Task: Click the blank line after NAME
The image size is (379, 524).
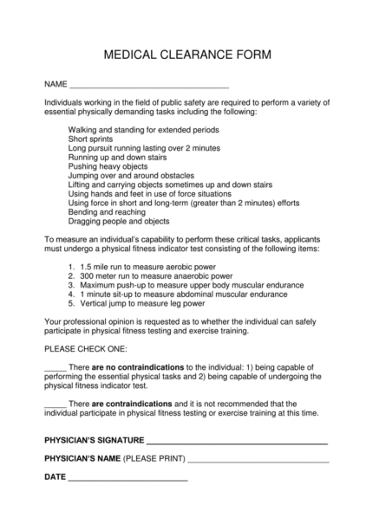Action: [x=148, y=87]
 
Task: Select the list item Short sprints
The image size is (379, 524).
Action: [x=90, y=139]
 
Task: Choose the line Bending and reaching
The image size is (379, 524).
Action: [x=107, y=211]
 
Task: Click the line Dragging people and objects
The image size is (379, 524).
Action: [x=118, y=221]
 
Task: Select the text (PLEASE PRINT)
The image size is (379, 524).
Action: [x=154, y=459]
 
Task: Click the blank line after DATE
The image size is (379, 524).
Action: [x=128, y=477]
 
